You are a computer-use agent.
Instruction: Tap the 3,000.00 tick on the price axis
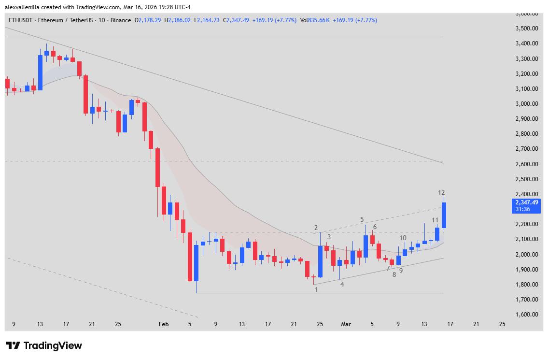[526, 104]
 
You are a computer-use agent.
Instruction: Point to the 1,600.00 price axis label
[526, 315]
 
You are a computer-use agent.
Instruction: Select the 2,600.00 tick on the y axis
[526, 164]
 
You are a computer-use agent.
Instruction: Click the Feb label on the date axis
[164, 324]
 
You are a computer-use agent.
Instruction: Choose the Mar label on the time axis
[346, 324]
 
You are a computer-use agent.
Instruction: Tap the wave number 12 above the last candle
[441, 192]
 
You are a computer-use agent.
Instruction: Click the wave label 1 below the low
[316, 290]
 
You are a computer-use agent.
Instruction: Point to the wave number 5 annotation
[362, 219]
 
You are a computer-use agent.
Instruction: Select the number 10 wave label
[403, 238]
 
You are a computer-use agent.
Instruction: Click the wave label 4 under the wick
[342, 284]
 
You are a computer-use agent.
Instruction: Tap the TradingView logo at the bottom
[43, 346]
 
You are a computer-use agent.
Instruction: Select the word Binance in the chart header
[121, 20]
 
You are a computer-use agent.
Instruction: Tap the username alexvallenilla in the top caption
[24, 5]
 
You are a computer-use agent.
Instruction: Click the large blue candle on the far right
[443, 215]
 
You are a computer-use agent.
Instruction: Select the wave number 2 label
[316, 228]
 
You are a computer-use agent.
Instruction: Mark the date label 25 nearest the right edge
[502, 324]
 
